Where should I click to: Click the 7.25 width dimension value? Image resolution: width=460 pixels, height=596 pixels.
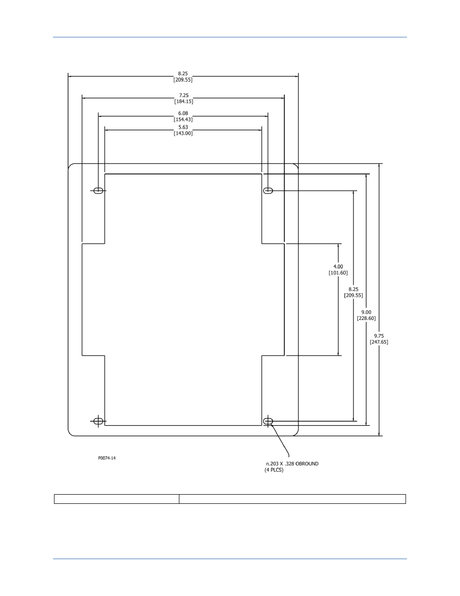pos(184,96)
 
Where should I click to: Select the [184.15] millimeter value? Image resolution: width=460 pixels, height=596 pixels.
pos(184,101)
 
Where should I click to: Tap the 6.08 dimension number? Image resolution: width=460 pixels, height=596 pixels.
pos(183,113)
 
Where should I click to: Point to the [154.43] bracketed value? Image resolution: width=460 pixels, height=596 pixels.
pos(183,120)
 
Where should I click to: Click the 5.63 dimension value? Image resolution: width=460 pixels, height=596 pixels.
pos(183,127)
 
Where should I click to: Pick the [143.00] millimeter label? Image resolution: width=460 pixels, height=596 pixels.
pos(183,133)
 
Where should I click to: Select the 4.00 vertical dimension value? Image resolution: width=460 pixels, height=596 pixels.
pos(338,266)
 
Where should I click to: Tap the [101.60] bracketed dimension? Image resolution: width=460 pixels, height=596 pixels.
pos(338,273)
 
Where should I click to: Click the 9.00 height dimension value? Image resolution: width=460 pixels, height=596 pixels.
pos(366,312)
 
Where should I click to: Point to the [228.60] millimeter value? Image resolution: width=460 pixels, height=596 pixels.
pos(366,319)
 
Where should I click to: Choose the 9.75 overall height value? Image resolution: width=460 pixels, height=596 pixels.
pos(379,336)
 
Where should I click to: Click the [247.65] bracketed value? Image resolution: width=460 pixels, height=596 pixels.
pos(379,342)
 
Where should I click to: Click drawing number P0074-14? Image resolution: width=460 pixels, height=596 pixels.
pos(107,458)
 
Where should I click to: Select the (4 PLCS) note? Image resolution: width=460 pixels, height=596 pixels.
pos(274,470)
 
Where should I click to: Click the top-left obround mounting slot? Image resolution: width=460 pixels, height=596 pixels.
pos(98,191)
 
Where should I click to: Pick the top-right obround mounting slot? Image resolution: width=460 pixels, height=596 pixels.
pos(268,191)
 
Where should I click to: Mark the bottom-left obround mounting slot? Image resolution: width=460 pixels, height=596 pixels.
pos(98,421)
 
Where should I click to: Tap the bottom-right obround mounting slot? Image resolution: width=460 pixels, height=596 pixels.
pos(268,421)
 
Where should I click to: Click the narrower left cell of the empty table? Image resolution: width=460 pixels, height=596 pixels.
pos(117,499)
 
